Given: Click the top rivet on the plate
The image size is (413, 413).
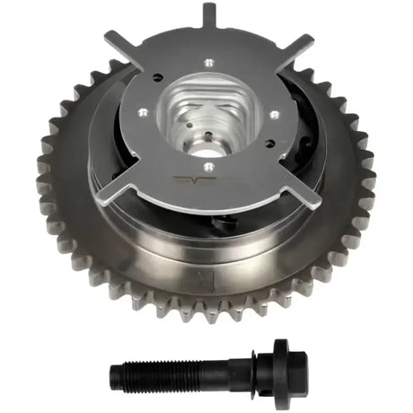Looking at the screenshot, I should pos(209,62).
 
